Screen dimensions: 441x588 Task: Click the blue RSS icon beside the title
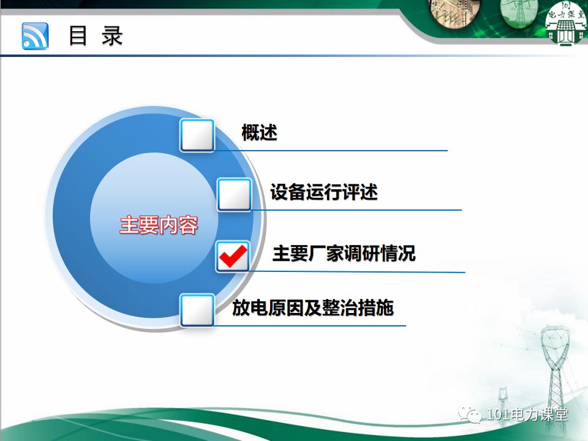click(35, 36)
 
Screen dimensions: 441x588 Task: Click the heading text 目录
click(96, 36)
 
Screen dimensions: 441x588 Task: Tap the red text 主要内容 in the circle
click(159, 225)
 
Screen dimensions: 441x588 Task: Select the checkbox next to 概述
click(197, 135)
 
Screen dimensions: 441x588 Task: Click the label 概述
click(259, 132)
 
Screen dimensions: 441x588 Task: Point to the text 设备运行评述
click(324, 192)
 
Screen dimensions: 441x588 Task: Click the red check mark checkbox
click(233, 256)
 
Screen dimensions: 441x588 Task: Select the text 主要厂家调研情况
click(344, 254)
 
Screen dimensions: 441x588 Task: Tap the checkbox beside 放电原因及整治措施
click(197, 310)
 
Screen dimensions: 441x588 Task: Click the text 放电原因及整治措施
click(312, 307)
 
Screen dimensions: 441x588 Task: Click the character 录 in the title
click(113, 36)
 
